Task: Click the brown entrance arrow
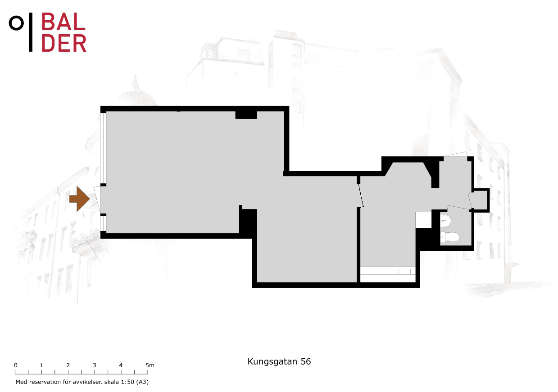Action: pos(79,199)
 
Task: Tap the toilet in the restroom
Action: pos(450,236)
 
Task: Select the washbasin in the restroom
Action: pos(445,221)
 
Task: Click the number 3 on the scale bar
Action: pos(95,365)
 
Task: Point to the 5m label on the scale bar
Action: pos(150,365)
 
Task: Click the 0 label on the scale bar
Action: pos(16,365)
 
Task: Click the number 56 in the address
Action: pos(306,361)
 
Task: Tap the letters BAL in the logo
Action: pos(63,22)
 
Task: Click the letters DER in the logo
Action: pos(64,43)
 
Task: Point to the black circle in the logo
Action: pos(17,23)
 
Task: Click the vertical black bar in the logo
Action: pos(31,32)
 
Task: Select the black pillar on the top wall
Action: pos(246,115)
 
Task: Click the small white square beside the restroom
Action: pos(423,220)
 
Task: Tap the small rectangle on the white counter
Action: pos(404,272)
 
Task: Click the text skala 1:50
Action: pos(119,382)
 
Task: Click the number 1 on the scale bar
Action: pos(41,365)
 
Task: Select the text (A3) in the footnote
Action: pos(142,382)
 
